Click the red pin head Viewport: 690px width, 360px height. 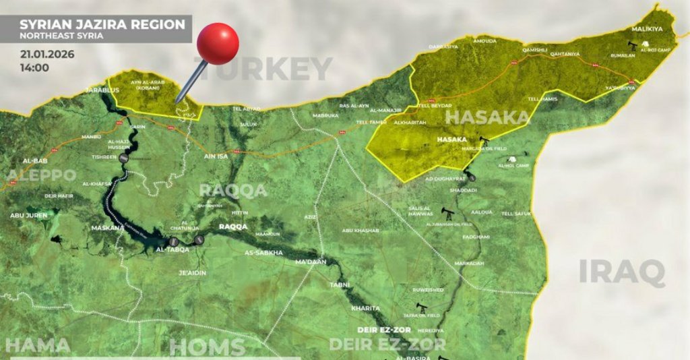coord(218,44)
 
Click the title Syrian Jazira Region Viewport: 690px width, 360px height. coord(102,24)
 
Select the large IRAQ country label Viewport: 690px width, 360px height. coord(622,272)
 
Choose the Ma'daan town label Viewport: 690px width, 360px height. coord(311,262)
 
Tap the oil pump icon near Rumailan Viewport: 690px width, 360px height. coord(633,46)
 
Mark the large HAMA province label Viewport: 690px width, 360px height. coord(38,346)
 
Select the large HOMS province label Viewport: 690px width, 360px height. coord(208,347)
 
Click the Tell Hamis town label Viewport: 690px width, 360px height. coord(543,99)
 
